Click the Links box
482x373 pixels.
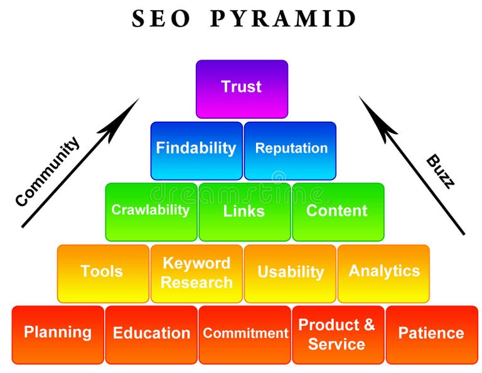244,212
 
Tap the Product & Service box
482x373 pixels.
338,334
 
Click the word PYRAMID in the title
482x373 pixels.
283,20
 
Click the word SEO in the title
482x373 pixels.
161,20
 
